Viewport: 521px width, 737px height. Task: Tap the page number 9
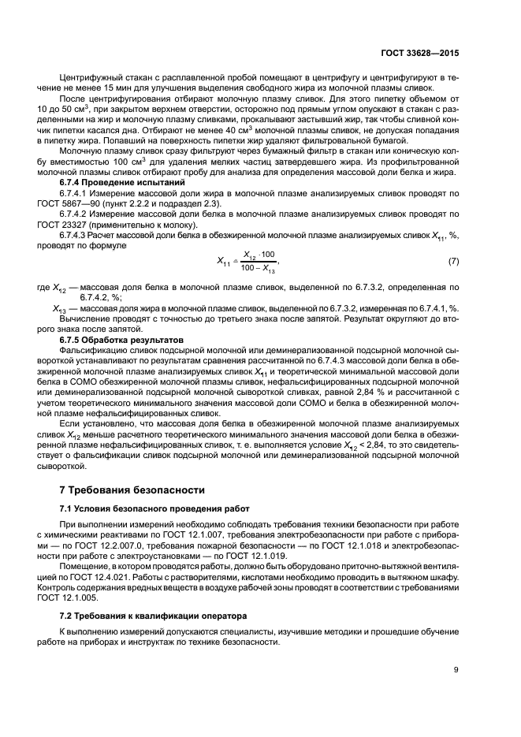pos(456,671)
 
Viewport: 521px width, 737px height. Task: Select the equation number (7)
pos(453,261)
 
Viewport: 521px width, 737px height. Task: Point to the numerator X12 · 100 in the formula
pos(259,255)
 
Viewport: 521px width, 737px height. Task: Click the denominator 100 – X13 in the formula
pos(259,268)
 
